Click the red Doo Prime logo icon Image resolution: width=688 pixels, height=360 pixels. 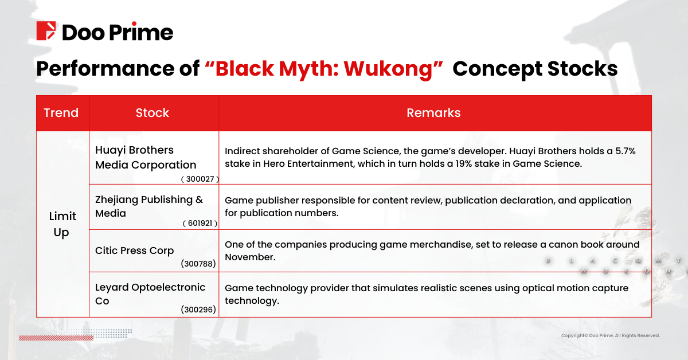click(46, 32)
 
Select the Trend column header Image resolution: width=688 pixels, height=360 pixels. click(61, 113)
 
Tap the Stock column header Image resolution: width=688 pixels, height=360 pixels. click(153, 113)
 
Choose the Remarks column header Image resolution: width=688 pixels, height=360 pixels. click(433, 113)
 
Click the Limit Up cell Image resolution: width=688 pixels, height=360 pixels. click(61, 224)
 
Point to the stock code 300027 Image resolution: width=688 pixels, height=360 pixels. click(200, 179)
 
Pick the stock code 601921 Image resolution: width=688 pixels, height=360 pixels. click(200, 224)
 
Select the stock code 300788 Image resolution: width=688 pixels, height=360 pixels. click(198, 264)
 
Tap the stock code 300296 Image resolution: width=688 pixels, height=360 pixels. click(198, 310)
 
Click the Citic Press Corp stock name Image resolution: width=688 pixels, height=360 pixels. click(134, 251)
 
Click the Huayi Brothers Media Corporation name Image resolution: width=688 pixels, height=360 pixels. click(145, 158)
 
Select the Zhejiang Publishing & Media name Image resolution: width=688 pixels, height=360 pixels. click(149, 206)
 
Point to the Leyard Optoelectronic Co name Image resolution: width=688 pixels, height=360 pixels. click(150, 294)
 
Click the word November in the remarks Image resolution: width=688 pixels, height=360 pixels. click(250, 257)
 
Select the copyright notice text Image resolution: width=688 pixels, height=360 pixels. click(610, 335)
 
